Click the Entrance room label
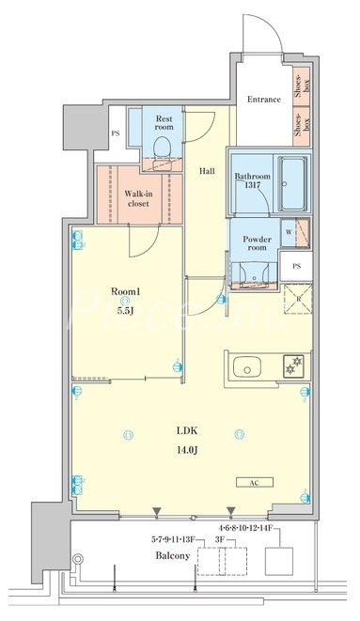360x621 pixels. point(264,100)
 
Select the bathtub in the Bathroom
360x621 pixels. point(292,183)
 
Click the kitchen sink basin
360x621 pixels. point(246,367)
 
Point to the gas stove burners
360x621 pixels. point(293,365)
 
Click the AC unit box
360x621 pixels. point(255,482)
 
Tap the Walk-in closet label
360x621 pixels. point(138,198)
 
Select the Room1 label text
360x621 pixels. point(126,291)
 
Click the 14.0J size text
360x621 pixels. point(187,449)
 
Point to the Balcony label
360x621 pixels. point(173,555)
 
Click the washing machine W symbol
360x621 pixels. point(289,232)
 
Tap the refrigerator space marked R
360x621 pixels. point(298,299)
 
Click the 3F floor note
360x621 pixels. point(221,539)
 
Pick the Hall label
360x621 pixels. point(207,171)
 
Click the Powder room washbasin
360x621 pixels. point(254,273)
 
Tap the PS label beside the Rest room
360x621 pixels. point(116,133)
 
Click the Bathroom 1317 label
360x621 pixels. point(253,180)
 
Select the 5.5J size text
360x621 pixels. point(124,311)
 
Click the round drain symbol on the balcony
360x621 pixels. point(78,559)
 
